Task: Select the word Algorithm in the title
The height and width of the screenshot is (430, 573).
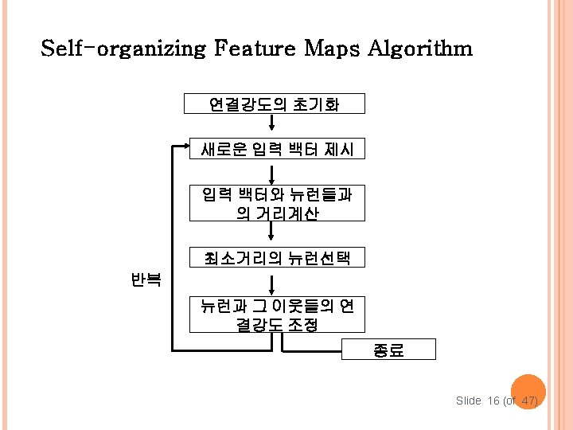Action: point(420,49)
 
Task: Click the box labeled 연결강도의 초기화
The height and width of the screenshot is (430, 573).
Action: point(274,104)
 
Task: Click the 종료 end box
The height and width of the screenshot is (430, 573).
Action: point(389,350)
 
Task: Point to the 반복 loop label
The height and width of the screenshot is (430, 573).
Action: point(146,279)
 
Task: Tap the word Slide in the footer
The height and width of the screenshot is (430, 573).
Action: point(468,401)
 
